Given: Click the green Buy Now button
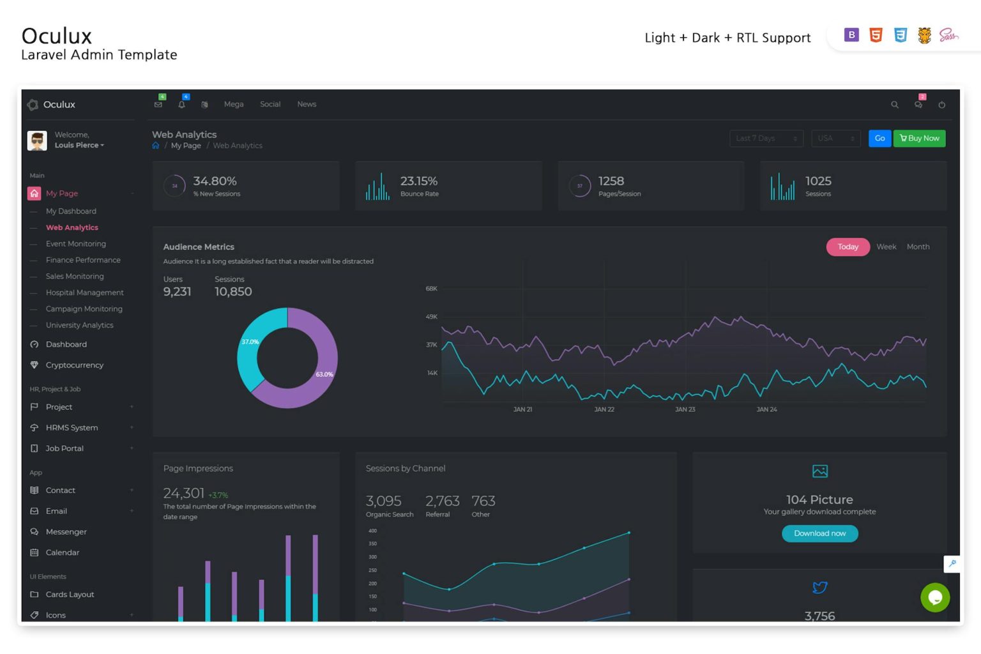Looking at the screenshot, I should (919, 139).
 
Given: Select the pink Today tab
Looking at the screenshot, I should (848, 247).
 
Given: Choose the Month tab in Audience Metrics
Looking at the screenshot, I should (918, 247).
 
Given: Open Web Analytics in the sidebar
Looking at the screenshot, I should (72, 228).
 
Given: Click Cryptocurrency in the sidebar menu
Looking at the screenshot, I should (74, 365).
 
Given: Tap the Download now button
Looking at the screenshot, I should (819, 533).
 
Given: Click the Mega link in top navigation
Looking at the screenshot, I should (234, 105).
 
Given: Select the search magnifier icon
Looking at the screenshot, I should (895, 105).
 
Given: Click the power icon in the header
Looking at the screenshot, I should (941, 105).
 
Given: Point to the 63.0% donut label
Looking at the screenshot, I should (324, 375).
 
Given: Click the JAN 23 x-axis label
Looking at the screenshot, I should (685, 410).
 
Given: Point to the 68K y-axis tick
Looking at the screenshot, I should (432, 289).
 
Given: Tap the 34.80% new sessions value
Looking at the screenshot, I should (215, 181).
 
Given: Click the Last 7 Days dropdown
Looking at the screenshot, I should (766, 139).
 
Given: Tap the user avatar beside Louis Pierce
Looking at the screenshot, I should (37, 141).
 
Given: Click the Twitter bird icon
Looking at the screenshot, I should (820, 588).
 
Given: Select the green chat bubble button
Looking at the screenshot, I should (935, 598).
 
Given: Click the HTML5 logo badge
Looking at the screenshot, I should (876, 36).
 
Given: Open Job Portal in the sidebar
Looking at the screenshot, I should (65, 449).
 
